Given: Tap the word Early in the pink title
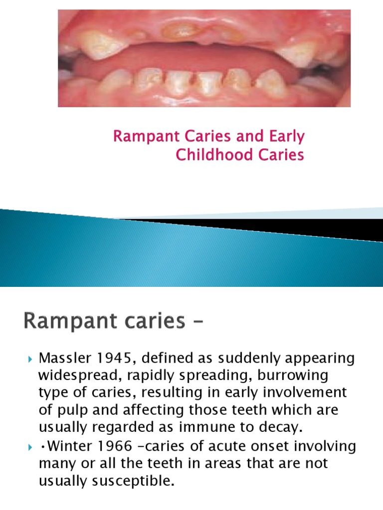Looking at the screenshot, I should tap(287, 136).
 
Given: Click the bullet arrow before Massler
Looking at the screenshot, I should tap(29, 359).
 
